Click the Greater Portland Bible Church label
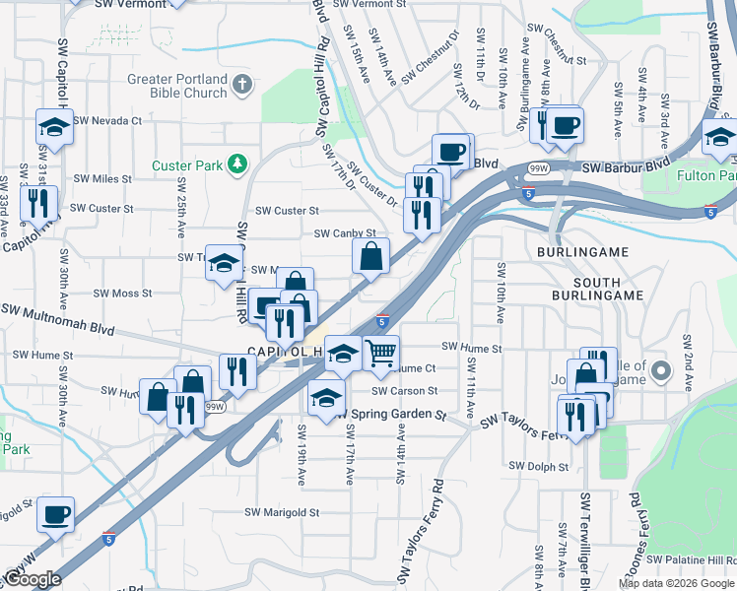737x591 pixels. point(177,86)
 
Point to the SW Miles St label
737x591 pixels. point(99,178)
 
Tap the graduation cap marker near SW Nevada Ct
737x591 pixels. point(55,127)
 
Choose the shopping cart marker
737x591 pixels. point(380,352)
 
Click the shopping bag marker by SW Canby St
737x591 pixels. point(371,257)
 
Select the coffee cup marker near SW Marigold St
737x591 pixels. point(55,513)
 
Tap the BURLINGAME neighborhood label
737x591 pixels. point(582,253)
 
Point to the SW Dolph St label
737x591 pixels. point(540,465)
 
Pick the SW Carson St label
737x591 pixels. point(404,391)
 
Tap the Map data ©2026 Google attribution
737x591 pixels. point(676,583)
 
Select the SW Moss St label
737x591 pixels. point(122,293)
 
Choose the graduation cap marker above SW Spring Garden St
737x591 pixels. point(326,398)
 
